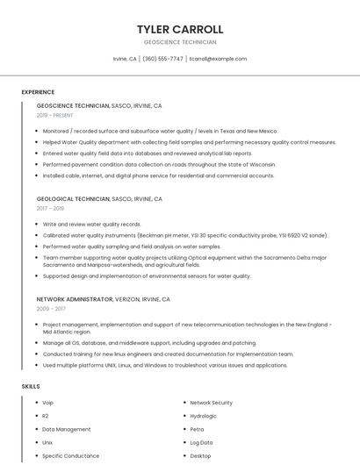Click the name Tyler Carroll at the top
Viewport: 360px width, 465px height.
180,29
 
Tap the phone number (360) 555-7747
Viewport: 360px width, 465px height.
162,59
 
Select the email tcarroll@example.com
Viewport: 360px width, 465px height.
218,59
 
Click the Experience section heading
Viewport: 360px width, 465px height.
38,92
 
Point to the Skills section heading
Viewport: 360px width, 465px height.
31,386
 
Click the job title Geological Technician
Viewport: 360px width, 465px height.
73,199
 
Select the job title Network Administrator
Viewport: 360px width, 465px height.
75,299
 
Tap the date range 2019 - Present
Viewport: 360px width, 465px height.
54,115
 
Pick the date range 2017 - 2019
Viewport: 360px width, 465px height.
50,209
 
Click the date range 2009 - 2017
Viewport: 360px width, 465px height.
50,309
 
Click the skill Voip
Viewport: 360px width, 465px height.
47,403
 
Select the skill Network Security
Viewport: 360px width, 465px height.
211,403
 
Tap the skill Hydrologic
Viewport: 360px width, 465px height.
203,416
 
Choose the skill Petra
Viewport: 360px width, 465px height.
197,429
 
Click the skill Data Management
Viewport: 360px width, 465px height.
66,429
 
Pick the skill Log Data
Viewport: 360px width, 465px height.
201,442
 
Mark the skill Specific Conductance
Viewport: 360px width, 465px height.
70,456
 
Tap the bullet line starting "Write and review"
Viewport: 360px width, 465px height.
92,225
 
